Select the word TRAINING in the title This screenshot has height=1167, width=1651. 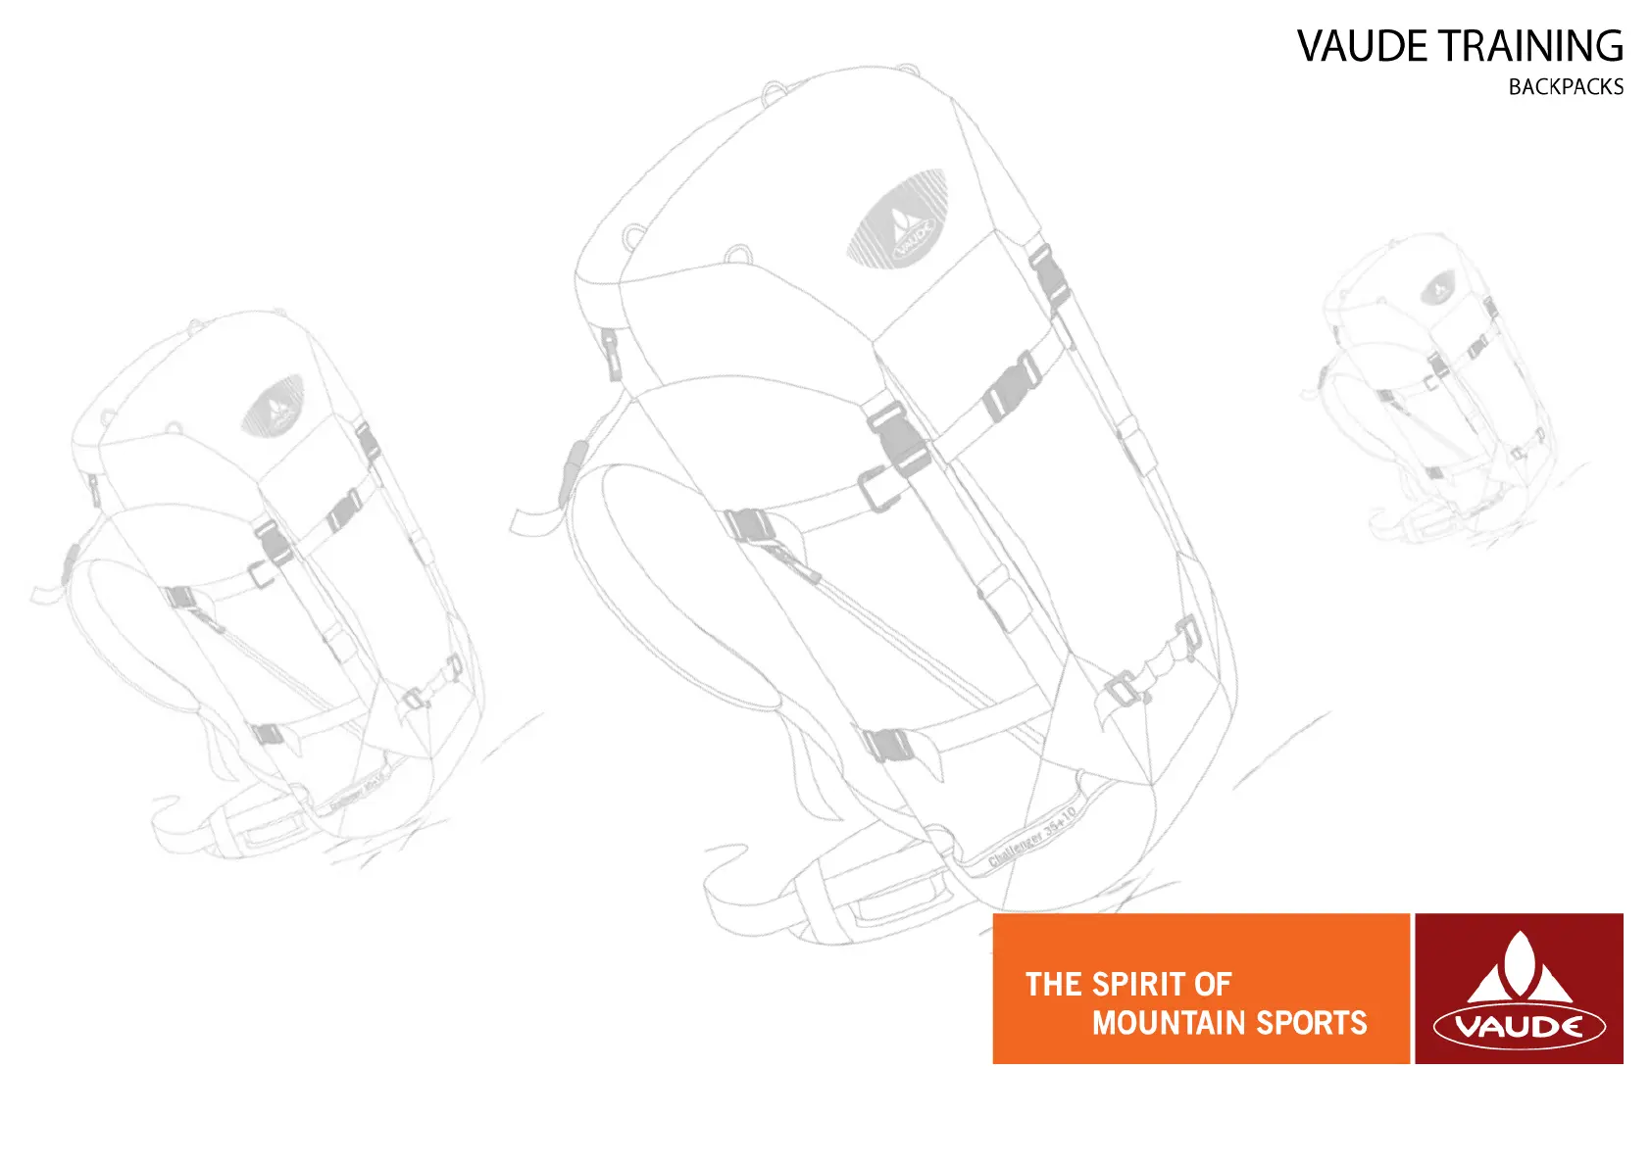[x=1529, y=46]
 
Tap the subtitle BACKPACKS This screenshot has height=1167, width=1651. [x=1566, y=87]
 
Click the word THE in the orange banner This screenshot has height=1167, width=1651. [x=1053, y=984]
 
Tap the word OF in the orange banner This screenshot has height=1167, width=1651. [x=1212, y=984]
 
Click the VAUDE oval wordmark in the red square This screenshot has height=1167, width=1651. [x=1519, y=1027]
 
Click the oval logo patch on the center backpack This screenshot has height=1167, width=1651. [x=897, y=219]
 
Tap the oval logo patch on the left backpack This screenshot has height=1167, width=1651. [x=274, y=406]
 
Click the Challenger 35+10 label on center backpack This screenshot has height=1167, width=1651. [x=1031, y=836]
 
